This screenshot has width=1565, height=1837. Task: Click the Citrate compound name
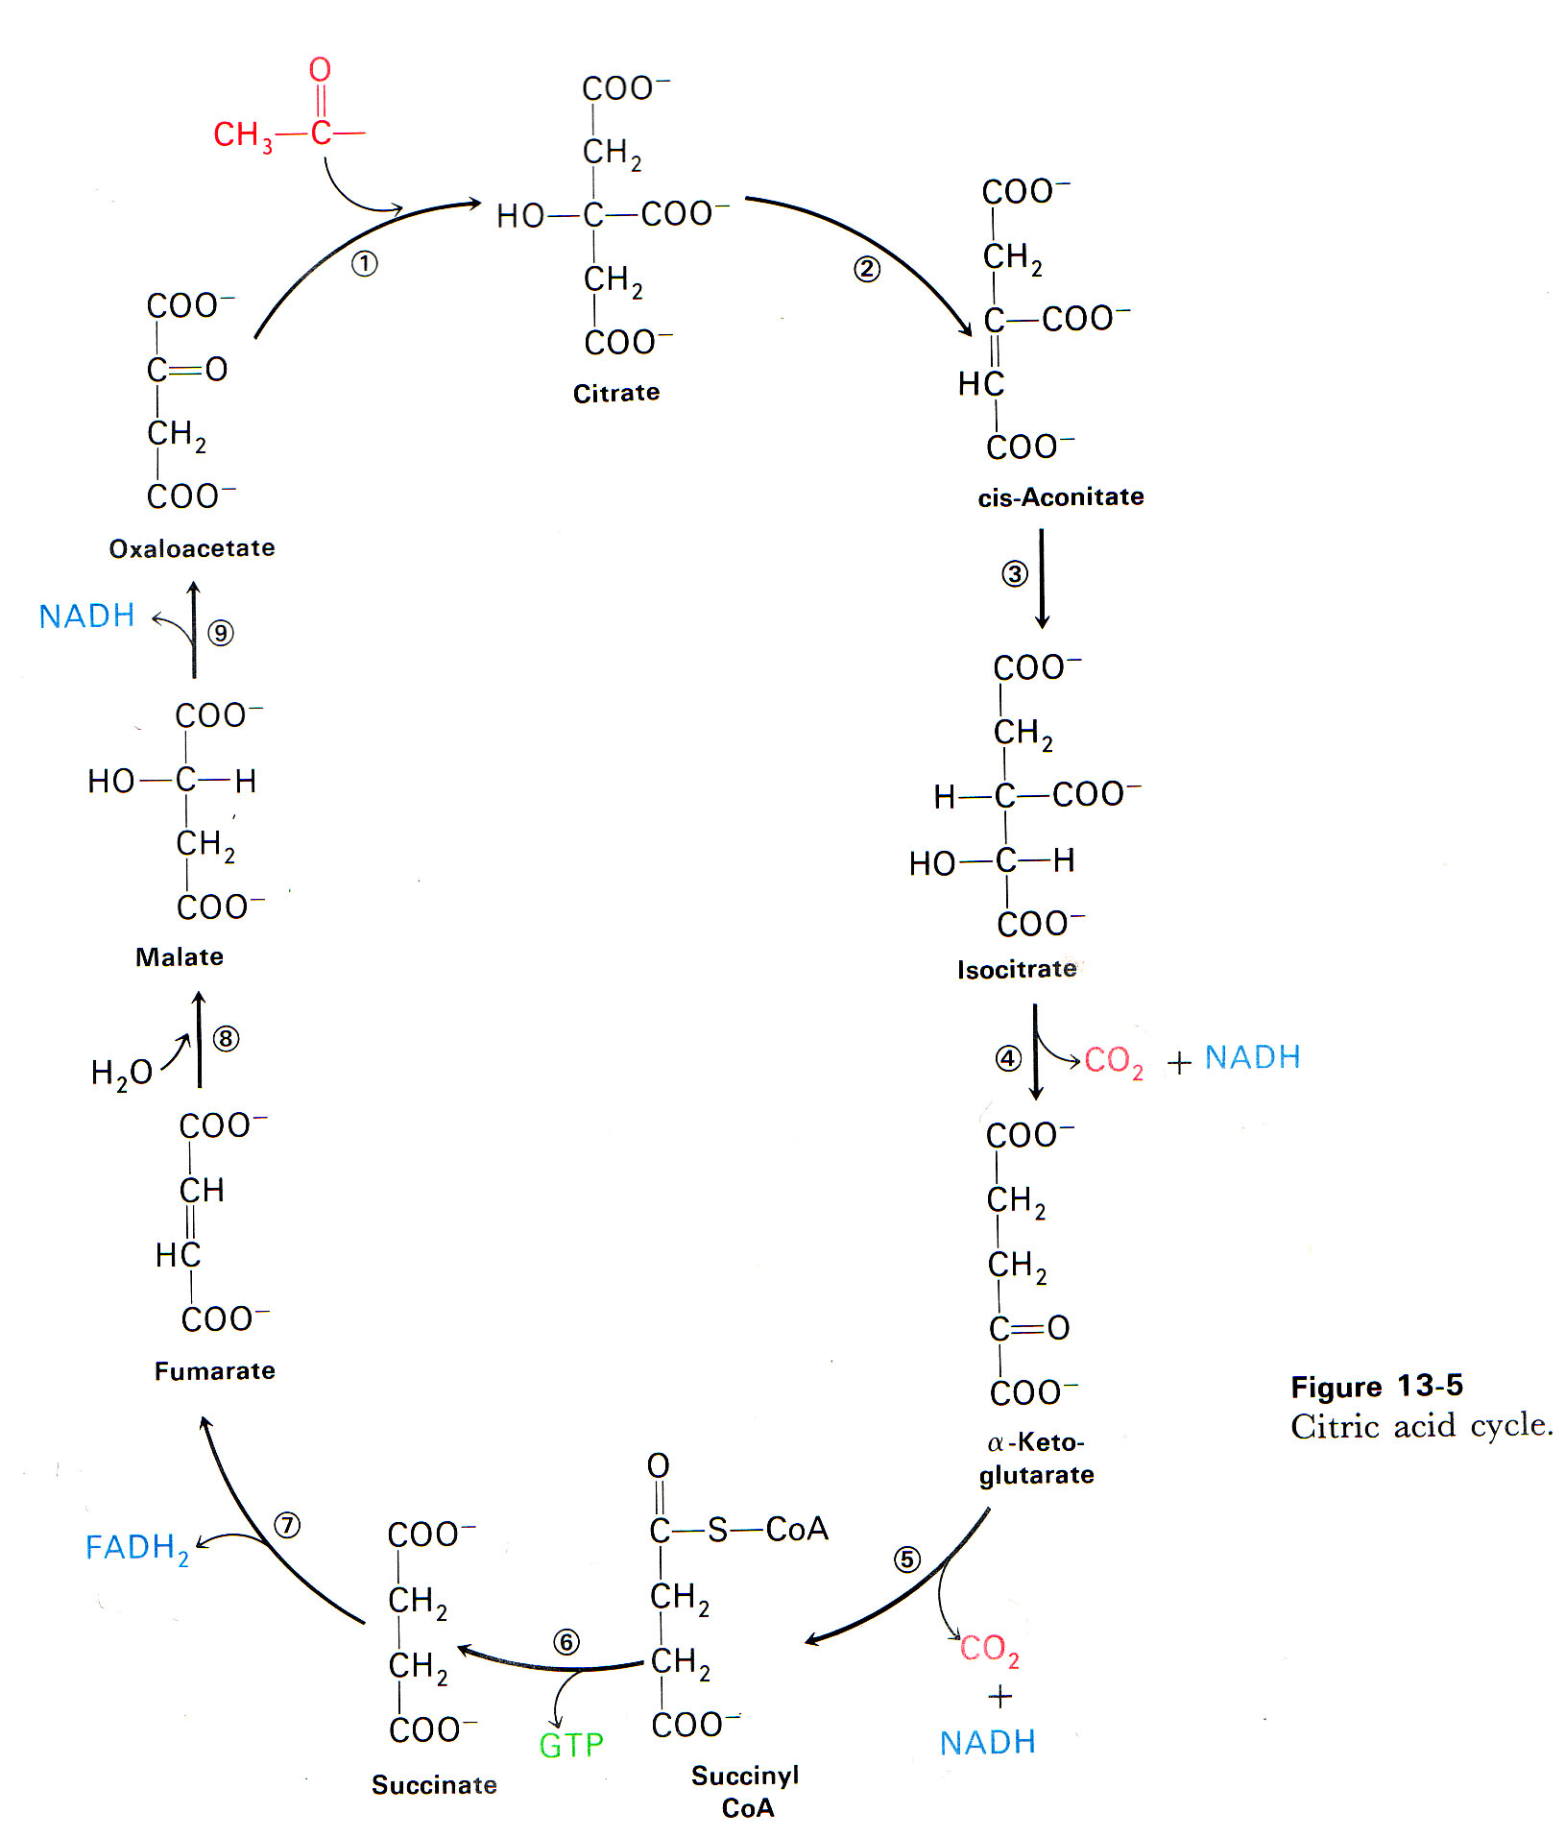(615, 393)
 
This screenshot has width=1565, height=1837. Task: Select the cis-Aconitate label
(1060, 496)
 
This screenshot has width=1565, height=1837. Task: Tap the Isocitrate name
(1017, 969)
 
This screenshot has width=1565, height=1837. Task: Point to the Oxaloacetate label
(192, 548)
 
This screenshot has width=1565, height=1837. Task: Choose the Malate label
(180, 956)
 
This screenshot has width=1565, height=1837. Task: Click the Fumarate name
(214, 1370)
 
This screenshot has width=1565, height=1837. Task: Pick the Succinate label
(434, 1784)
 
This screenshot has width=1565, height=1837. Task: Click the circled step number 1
(364, 263)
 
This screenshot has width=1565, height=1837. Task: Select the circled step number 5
(906, 1559)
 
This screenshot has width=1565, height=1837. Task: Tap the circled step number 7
(286, 1525)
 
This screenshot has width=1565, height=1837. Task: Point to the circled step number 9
(221, 633)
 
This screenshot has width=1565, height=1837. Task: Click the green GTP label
(571, 1745)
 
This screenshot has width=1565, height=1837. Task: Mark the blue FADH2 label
(136, 1548)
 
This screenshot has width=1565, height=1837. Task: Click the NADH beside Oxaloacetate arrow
(86, 616)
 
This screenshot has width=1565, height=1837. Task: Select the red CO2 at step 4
(1113, 1061)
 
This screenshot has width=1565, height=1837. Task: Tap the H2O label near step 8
(121, 1073)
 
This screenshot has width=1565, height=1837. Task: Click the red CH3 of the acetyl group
(242, 135)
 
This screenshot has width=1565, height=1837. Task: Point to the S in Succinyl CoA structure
(717, 1530)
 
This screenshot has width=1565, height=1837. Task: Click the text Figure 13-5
(1376, 1386)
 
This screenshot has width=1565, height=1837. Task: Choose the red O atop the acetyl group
(320, 69)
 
